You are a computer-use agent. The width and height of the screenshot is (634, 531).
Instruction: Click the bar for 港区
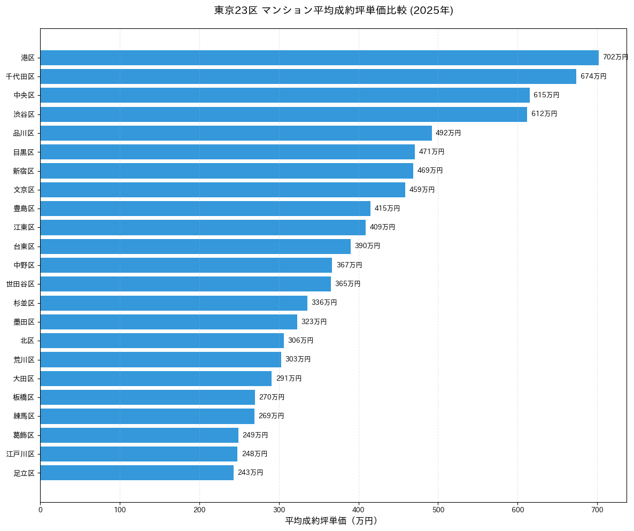[319, 57]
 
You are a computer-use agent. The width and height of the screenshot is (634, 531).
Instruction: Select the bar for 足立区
[137, 473]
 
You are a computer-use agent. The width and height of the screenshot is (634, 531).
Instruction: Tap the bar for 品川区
[236, 133]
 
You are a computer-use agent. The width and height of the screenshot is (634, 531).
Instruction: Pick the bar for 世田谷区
[185, 284]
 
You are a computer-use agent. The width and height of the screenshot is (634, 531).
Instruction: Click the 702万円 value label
[615, 57]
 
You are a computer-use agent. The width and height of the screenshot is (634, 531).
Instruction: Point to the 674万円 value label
[593, 76]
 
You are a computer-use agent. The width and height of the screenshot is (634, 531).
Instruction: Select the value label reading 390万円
[367, 246]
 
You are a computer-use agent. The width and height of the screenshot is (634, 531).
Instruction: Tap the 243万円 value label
[250, 473]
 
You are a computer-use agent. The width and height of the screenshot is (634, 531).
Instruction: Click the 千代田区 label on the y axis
[20, 76]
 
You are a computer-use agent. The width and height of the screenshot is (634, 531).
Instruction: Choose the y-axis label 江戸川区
[20, 454]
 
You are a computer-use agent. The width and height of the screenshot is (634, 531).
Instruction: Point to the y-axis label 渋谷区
[24, 114]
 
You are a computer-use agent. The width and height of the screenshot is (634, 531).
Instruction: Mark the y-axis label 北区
[28, 341]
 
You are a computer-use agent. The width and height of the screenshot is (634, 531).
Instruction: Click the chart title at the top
[334, 11]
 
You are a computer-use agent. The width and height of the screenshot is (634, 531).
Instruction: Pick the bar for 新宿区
[227, 171]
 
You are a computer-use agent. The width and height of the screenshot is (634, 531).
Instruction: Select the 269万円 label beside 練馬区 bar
[271, 416]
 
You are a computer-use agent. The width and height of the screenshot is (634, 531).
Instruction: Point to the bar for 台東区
[195, 246]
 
